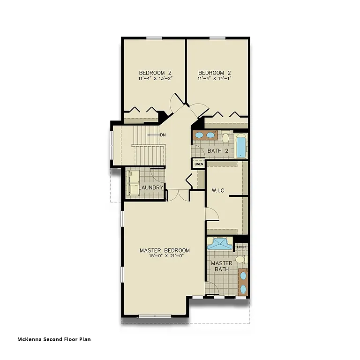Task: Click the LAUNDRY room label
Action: tap(150, 187)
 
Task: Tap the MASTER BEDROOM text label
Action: tap(165, 250)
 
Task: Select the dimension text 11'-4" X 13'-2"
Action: tap(156, 79)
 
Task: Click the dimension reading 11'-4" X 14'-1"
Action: tap(215, 79)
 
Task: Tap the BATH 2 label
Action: tap(218, 150)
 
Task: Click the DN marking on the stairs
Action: tap(163, 135)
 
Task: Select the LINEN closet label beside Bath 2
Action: tap(198, 164)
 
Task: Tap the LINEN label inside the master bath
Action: tap(241, 247)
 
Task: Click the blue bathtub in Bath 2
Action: tap(240, 146)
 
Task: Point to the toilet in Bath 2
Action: tap(225, 138)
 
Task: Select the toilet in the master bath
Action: tap(240, 259)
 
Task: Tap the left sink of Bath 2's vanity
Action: tap(199, 135)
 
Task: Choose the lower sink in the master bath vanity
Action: tap(243, 288)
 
